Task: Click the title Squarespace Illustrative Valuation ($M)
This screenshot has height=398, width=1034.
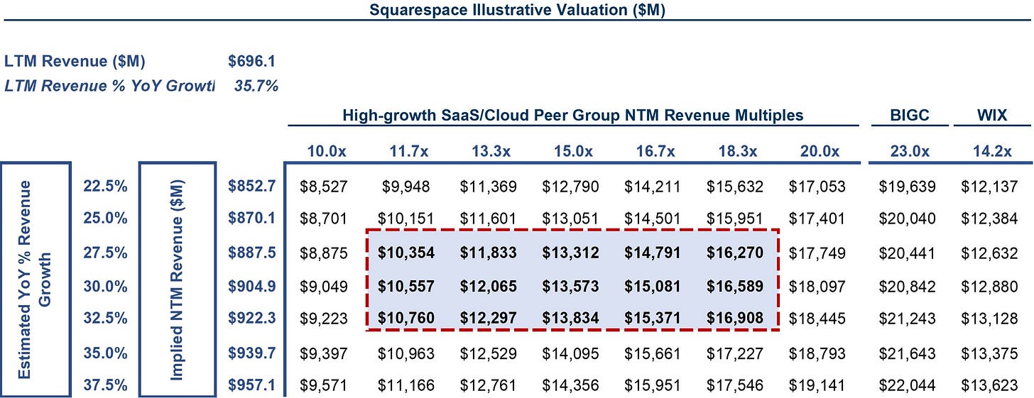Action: pyautogui.click(x=517, y=10)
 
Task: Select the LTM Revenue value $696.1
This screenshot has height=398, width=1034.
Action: pyautogui.click(x=251, y=61)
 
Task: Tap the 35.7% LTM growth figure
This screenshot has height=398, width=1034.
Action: pyautogui.click(x=256, y=86)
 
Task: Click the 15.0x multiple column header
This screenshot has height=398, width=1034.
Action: pyautogui.click(x=573, y=151)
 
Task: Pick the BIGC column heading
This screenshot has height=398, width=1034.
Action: pyautogui.click(x=909, y=115)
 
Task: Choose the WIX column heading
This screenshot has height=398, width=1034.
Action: pyautogui.click(x=992, y=115)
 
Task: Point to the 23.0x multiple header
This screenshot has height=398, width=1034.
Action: pyautogui.click(x=909, y=151)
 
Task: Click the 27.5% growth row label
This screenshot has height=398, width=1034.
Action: pyautogui.click(x=105, y=253)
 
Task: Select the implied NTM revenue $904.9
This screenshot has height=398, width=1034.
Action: pyautogui.click(x=251, y=287)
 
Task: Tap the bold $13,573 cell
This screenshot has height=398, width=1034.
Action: pyautogui.click(x=570, y=287)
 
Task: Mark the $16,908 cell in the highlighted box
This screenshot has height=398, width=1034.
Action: pyautogui.click(x=735, y=318)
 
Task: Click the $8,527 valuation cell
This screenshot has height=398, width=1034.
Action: pyautogui.click(x=323, y=187)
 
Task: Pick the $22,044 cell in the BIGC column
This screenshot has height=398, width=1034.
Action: pyautogui.click(x=907, y=385)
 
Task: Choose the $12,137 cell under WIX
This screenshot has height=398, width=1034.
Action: pyautogui.click(x=989, y=187)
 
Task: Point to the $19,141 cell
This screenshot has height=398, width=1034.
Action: pyautogui.click(x=817, y=385)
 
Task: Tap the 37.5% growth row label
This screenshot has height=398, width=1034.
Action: pyautogui.click(x=105, y=385)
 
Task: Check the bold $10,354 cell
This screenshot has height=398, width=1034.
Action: pyautogui.click(x=406, y=253)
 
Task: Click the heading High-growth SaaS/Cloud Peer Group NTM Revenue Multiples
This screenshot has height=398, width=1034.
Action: pyautogui.click(x=573, y=115)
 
